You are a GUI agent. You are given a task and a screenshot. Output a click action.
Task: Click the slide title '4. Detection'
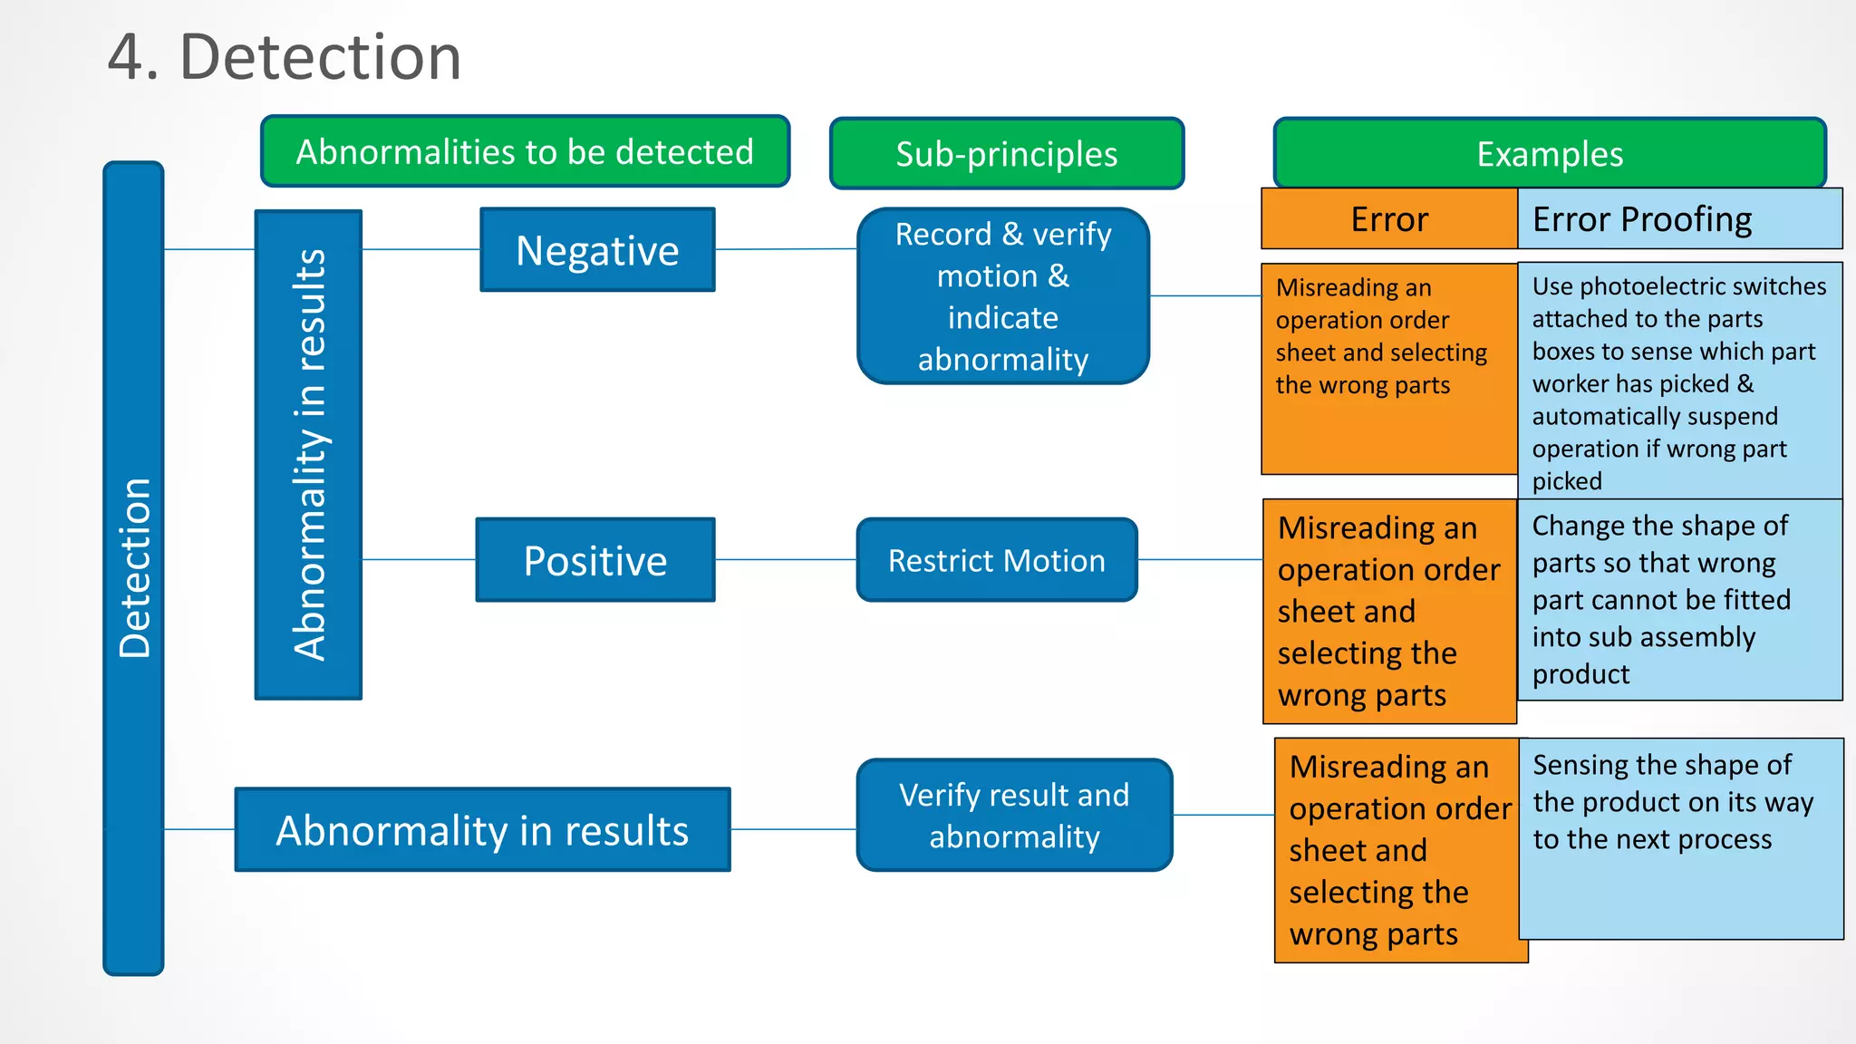pyautogui.click(x=284, y=57)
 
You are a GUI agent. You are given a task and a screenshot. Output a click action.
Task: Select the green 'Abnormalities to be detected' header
pyautogui.click(x=525, y=151)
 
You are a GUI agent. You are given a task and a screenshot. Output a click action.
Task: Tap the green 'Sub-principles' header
pyautogui.click(x=1006, y=154)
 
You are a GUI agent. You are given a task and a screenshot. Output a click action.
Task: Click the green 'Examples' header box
pyautogui.click(x=1549, y=154)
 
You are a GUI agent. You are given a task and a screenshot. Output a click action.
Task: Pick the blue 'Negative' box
pyautogui.click(x=597, y=250)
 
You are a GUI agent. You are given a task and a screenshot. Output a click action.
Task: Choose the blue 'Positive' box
pyautogui.click(x=595, y=560)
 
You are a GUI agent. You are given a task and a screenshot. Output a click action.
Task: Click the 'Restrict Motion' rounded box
pyautogui.click(x=996, y=560)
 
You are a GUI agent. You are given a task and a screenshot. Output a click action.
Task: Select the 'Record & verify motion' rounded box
pyautogui.click(x=1002, y=296)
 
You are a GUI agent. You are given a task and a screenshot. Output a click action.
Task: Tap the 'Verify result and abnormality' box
pyautogui.click(x=1013, y=815)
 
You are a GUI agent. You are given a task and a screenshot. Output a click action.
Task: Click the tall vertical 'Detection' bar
pyautogui.click(x=133, y=568)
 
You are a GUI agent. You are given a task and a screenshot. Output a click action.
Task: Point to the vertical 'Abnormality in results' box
pyautogui.click(x=308, y=455)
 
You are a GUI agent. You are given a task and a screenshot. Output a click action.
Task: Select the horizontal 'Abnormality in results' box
pyautogui.click(x=482, y=830)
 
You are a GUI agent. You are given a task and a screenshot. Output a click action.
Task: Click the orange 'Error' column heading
pyautogui.click(x=1388, y=219)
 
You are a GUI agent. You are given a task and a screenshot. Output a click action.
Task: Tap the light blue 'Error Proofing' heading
pyautogui.click(x=1678, y=219)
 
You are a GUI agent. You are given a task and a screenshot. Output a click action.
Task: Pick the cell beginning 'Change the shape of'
pyautogui.click(x=1679, y=599)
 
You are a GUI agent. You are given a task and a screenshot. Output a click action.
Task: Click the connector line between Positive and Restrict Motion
pyautogui.click(x=785, y=560)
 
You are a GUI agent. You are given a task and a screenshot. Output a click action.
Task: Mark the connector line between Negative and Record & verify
pyautogui.click(x=785, y=249)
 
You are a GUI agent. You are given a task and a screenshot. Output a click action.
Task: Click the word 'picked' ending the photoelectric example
pyautogui.click(x=1567, y=481)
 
